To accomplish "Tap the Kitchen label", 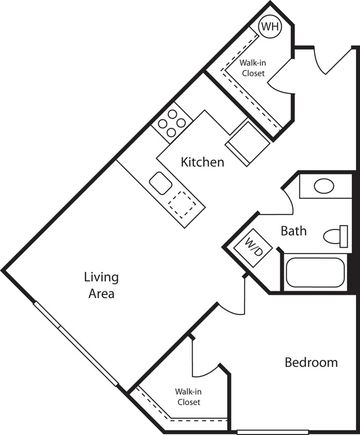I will pyautogui.click(x=202, y=162).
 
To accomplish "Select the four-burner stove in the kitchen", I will pyautogui.click(x=172, y=123).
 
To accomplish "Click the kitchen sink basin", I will pyautogui.click(x=161, y=183).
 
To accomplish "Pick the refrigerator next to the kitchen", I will pyautogui.click(x=247, y=143).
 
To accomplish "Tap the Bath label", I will pyautogui.click(x=294, y=231).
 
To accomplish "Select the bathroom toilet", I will pyautogui.click(x=335, y=236).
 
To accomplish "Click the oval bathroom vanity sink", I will pyautogui.click(x=324, y=186).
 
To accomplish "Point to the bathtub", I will pyautogui.click(x=315, y=272).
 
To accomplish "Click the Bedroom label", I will pyautogui.click(x=311, y=362).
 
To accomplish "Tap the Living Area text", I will pyautogui.click(x=101, y=286).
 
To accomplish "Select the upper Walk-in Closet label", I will pyautogui.click(x=252, y=68).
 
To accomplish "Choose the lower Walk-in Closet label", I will pyautogui.click(x=188, y=397).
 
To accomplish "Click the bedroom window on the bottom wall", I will pyautogui.click(x=272, y=432).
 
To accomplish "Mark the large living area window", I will pyautogui.click(x=76, y=344).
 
